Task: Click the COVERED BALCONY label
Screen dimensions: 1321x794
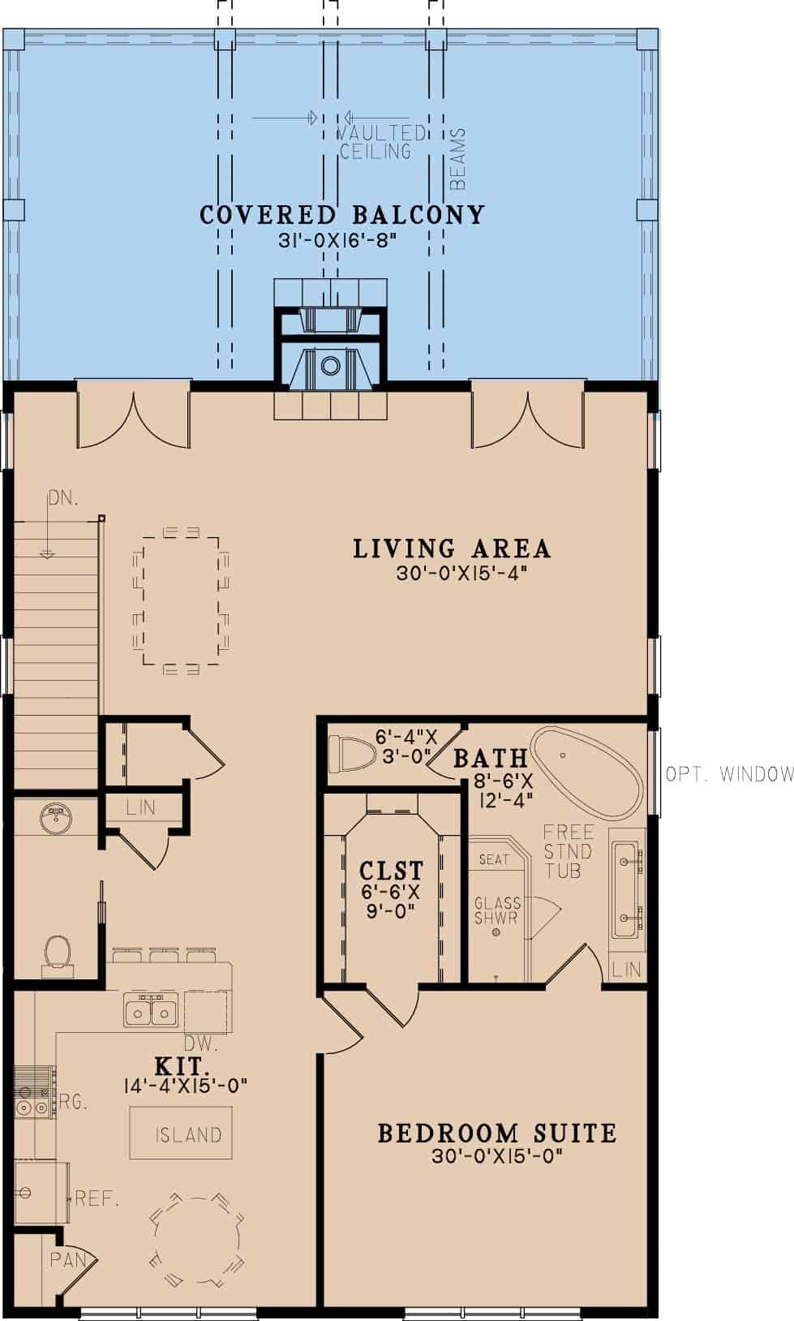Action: coord(341,215)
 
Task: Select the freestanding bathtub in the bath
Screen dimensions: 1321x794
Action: coord(586,773)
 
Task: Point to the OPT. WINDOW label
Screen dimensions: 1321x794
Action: coord(728,775)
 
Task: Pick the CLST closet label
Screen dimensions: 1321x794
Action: coord(391,871)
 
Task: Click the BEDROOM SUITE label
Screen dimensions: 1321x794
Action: coord(497,1134)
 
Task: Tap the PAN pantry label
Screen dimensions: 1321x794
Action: coord(68,1260)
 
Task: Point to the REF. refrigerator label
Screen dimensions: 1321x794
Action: coord(97,1198)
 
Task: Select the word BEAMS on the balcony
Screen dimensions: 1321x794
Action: coord(458,159)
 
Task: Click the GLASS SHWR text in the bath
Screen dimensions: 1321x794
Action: coord(496,910)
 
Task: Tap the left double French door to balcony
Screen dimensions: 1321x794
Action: coord(133,420)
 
